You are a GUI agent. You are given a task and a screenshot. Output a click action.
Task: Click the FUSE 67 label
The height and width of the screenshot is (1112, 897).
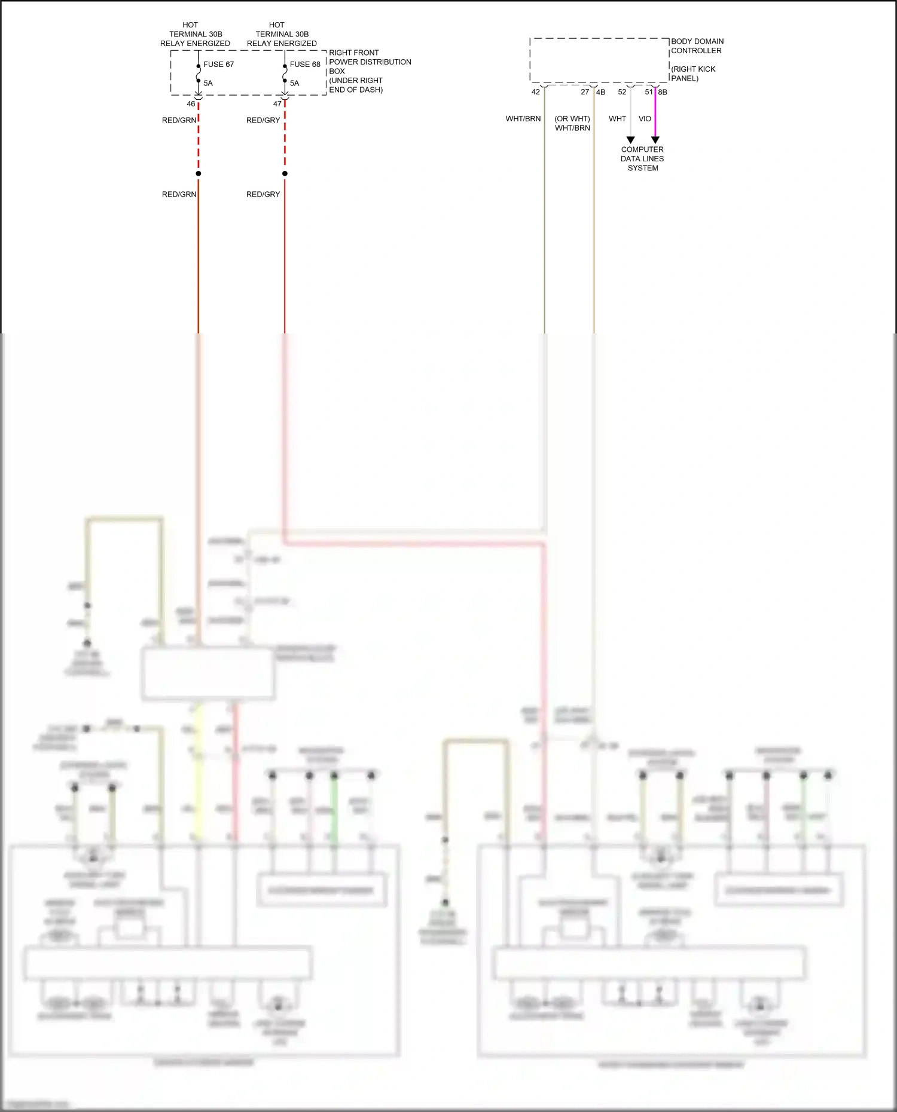(218, 65)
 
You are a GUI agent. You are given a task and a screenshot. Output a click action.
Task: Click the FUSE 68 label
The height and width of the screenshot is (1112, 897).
(305, 65)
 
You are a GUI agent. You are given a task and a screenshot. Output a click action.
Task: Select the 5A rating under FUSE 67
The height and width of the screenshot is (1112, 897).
(208, 83)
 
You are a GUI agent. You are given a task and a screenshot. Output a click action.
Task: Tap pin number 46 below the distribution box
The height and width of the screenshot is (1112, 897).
(191, 104)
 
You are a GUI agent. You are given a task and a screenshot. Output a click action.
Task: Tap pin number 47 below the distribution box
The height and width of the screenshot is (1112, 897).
(277, 104)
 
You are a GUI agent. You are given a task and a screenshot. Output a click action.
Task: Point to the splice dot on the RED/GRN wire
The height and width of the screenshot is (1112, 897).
(199, 173)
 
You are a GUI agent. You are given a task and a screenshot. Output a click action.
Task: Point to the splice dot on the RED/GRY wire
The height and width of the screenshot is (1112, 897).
(285, 173)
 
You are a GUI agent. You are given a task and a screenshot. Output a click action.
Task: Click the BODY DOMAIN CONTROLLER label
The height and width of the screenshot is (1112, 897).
(697, 46)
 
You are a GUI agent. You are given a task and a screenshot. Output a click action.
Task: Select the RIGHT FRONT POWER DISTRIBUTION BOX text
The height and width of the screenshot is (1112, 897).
(370, 62)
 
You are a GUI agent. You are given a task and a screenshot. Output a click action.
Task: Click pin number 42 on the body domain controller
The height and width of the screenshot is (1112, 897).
(535, 92)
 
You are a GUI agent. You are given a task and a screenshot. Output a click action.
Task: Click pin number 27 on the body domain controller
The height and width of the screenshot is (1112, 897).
(585, 92)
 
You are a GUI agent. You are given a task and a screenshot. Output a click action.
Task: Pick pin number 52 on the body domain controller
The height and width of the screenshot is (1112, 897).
(622, 92)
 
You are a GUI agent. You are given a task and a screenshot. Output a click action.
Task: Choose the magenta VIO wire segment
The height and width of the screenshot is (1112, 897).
(655, 114)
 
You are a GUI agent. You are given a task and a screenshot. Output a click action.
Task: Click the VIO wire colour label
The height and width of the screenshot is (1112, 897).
(645, 119)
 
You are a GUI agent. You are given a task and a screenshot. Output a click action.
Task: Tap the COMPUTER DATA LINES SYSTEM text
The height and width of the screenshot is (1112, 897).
(642, 159)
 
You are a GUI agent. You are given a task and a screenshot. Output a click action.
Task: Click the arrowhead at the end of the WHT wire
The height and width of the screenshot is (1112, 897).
(630, 140)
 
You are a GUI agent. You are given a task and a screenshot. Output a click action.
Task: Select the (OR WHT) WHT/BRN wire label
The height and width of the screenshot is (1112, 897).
(572, 124)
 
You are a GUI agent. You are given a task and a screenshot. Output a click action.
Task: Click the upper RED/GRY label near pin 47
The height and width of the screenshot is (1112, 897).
(263, 120)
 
